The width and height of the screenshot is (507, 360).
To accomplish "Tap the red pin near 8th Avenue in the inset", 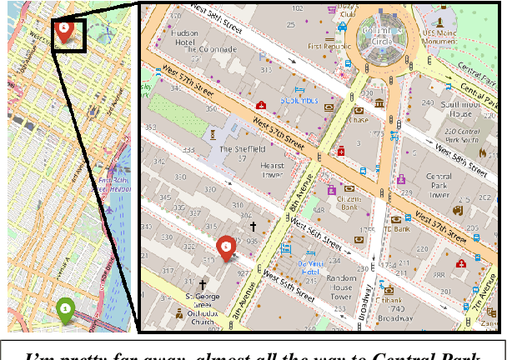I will click(225, 247).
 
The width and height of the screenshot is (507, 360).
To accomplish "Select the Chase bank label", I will click(359, 119).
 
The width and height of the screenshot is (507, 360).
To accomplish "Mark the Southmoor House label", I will click(459, 107).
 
